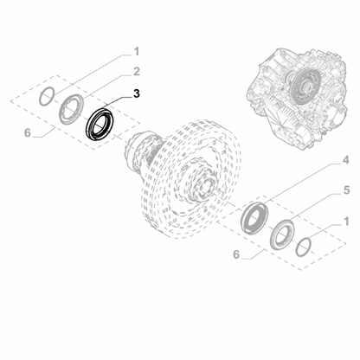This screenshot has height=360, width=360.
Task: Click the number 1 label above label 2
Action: (136, 51)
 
